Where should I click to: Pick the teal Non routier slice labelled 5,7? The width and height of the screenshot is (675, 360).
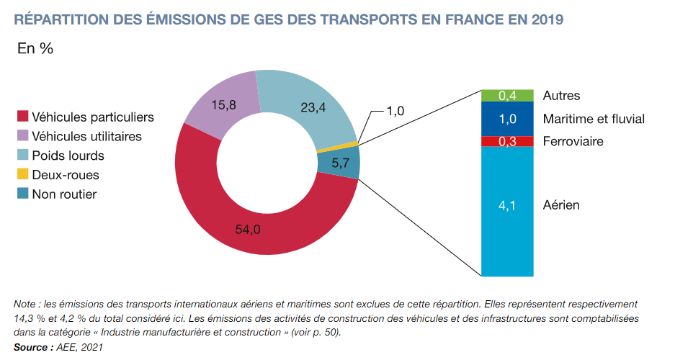339,163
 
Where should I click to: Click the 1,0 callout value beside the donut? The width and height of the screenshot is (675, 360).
396,111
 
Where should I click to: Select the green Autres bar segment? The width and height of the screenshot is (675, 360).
507,96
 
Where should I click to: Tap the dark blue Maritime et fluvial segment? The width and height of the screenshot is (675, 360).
507,119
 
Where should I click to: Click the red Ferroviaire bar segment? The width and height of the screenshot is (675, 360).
507,141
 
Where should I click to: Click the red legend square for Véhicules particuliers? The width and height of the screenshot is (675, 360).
22,117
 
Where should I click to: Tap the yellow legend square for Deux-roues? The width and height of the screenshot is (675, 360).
22,175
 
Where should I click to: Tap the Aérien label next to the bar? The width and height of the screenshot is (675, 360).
561,205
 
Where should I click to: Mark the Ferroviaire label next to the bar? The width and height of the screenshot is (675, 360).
573,141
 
